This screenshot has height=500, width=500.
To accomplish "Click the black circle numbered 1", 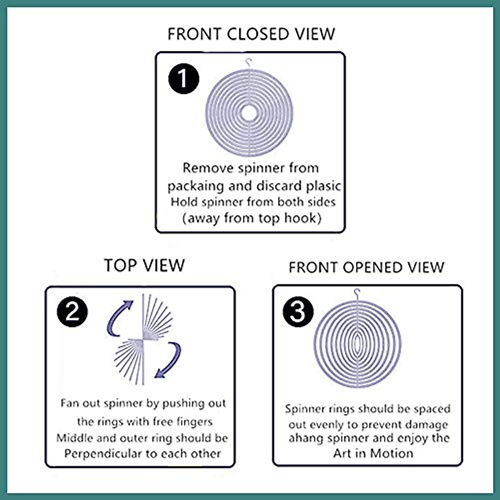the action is [x=184, y=79].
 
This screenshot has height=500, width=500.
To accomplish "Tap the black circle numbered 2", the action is [x=72, y=311].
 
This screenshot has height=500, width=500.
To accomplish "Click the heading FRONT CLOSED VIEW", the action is [x=251, y=34].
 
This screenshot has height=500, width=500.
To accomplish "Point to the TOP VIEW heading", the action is [x=144, y=265].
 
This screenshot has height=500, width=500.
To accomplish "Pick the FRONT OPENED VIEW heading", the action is [x=367, y=267].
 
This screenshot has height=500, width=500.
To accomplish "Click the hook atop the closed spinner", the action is [x=249, y=62].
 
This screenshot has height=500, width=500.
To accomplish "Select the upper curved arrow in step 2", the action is [x=119, y=317].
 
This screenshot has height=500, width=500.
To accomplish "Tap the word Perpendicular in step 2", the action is [x=104, y=454].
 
